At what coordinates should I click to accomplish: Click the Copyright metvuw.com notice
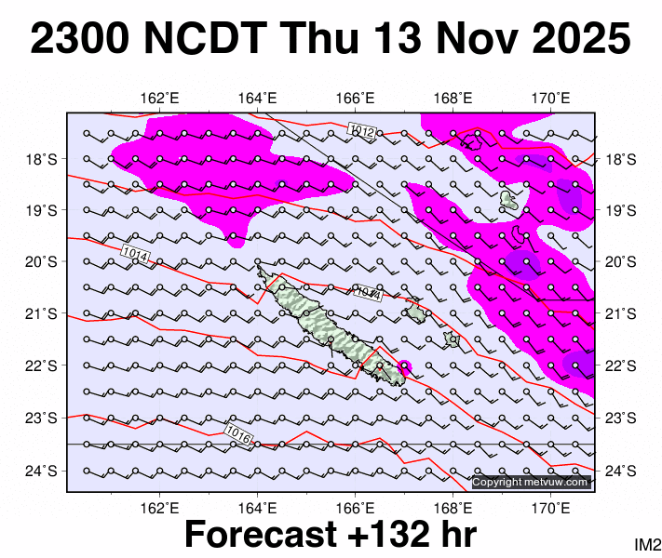tap(531, 482)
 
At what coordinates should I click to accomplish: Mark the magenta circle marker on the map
tap(404, 365)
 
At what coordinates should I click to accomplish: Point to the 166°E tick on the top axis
tap(355, 98)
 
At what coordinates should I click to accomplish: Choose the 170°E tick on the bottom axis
tap(550, 508)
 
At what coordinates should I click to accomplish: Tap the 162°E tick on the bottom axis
tap(159, 508)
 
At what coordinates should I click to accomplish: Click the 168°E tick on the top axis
tap(453, 98)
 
